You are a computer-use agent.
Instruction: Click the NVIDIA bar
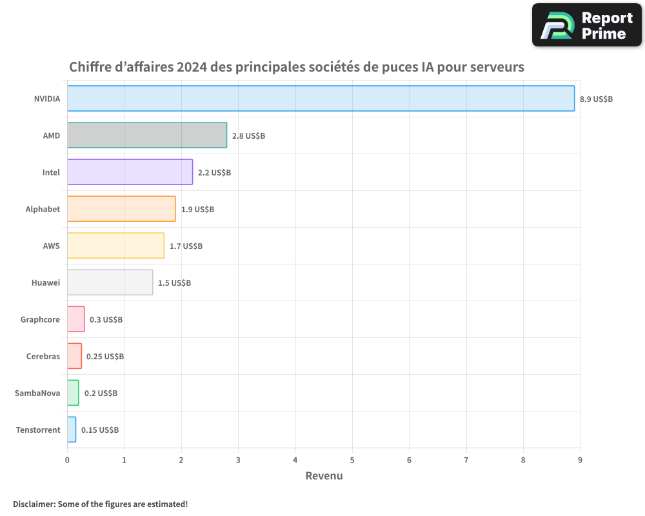coord(321,99)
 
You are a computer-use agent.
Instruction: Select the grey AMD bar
coord(147,135)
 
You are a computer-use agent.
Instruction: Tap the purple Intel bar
coord(130,172)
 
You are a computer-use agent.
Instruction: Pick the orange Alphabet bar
coord(121,209)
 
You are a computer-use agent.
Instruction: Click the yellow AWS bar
coord(115,246)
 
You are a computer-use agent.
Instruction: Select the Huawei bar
coord(110,283)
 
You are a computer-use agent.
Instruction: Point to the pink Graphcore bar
coord(76,319)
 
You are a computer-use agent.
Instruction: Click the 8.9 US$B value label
coord(596,99)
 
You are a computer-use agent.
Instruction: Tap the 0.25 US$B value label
coord(105,357)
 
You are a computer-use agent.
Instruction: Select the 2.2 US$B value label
coord(214,173)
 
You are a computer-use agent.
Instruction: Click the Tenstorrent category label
coord(38,430)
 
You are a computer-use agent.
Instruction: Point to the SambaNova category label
coord(37,393)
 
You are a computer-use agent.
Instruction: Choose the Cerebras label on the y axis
coord(43,357)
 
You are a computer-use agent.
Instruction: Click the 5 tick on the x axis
coord(352,460)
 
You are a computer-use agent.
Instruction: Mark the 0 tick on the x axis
coord(67,460)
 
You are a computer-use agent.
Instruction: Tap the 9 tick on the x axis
coord(580,460)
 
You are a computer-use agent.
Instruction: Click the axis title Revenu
coord(324,476)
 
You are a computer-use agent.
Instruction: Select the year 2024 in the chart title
coord(192,67)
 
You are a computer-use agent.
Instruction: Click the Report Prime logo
coord(586,25)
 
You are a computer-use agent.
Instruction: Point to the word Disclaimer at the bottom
coord(33,504)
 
